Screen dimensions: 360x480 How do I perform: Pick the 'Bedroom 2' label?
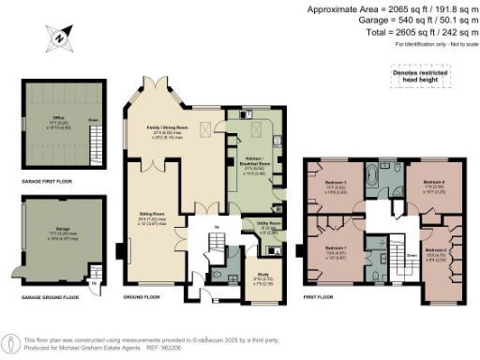434,250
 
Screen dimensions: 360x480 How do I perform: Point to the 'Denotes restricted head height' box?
419,74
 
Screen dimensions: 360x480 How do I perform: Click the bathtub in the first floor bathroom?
375,175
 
